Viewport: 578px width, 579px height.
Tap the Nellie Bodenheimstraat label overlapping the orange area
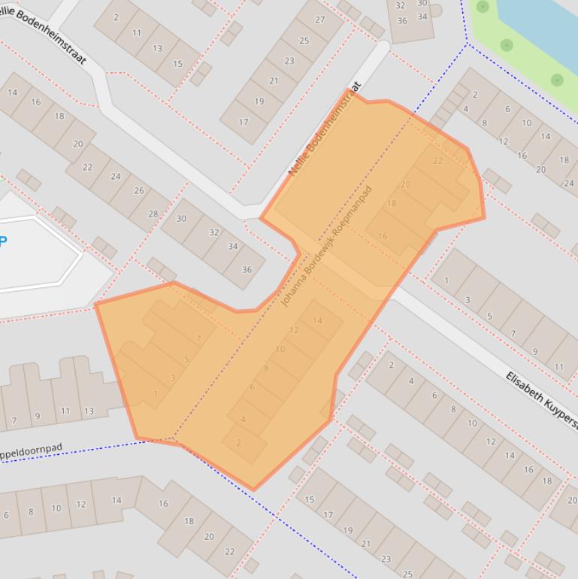point(325,130)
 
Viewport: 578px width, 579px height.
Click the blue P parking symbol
point(3,241)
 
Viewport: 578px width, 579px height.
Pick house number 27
point(320,20)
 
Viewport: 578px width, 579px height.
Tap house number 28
point(153,214)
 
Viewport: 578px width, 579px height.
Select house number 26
point(138,191)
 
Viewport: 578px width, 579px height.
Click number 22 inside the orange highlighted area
point(438,161)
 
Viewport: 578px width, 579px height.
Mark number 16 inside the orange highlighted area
point(383,236)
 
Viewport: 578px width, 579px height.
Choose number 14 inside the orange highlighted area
point(317,321)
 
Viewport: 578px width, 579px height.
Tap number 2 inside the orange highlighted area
point(239,443)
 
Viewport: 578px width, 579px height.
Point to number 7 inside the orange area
point(198,339)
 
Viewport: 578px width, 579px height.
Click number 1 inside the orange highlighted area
point(156,394)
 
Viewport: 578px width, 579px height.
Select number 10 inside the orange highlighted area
point(280,350)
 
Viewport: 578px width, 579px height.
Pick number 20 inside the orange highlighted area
point(406,184)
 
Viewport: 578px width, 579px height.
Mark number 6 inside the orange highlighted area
point(252,387)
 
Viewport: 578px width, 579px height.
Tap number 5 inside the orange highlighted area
point(186,359)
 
